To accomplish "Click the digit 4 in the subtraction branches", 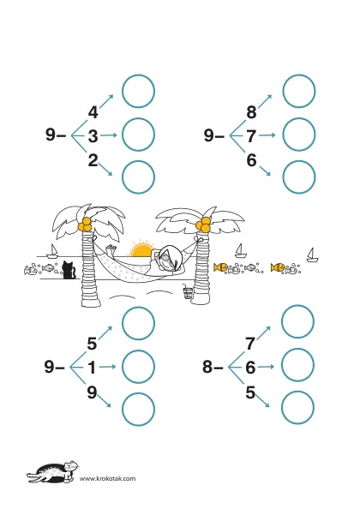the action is (x=93, y=112).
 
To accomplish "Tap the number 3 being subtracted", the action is (x=93, y=136).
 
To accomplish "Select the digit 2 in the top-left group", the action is (x=93, y=160).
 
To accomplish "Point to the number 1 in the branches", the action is (x=93, y=368).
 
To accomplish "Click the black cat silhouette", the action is (x=69, y=270).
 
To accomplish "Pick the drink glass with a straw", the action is (x=188, y=292).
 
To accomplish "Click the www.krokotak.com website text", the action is (x=107, y=478).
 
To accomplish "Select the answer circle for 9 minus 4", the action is (x=138, y=91).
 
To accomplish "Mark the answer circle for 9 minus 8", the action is (x=299, y=91).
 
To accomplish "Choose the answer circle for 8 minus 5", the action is (x=297, y=408).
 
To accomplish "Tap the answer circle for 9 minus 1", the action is (x=138, y=367).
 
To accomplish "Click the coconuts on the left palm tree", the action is (x=85, y=225).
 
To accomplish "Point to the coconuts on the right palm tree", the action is (x=204, y=225).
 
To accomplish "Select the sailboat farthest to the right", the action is (x=313, y=254).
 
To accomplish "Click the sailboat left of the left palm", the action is (x=52, y=250).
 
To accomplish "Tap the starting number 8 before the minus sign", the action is (x=207, y=367).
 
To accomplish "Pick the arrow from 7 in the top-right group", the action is (x=267, y=135).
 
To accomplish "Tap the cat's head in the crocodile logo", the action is (x=69, y=467).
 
